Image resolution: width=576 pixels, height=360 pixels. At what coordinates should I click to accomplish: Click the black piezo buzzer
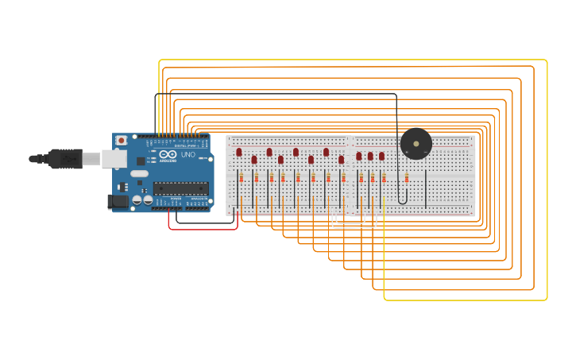pos(416,144)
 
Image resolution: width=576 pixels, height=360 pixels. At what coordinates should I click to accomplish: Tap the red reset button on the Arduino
pos(121,141)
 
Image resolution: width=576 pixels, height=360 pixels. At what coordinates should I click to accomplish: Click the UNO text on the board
pos(187,155)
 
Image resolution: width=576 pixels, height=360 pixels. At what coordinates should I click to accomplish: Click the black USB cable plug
pos(64,159)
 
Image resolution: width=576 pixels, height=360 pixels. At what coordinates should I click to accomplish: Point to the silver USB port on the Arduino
pos(113,159)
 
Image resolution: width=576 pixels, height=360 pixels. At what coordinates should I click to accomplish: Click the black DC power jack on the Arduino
pos(118,201)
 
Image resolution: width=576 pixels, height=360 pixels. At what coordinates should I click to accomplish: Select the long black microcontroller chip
pos(181,188)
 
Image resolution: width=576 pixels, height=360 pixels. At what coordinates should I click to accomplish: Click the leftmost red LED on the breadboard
pos(238,152)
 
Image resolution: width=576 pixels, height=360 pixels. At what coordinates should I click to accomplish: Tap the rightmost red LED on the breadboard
pos(381,157)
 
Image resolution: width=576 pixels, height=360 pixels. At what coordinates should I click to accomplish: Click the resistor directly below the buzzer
pos(407,178)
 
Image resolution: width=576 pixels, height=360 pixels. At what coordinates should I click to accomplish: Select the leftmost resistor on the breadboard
pos(242,178)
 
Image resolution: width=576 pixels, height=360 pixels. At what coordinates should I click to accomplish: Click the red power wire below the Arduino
pos(203,229)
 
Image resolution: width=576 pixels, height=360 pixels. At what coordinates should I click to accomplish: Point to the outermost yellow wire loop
pos(547,183)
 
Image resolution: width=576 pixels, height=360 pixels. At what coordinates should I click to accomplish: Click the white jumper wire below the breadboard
pos(354,226)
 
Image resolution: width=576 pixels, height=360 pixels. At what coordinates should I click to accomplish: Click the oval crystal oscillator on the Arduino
pos(139,173)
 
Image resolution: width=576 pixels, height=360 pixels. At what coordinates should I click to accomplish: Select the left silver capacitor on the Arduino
pos(137,200)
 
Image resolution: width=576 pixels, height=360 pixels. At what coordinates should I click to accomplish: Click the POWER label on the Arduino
pos(176,199)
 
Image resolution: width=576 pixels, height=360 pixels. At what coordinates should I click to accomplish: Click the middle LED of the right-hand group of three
pos(370,157)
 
